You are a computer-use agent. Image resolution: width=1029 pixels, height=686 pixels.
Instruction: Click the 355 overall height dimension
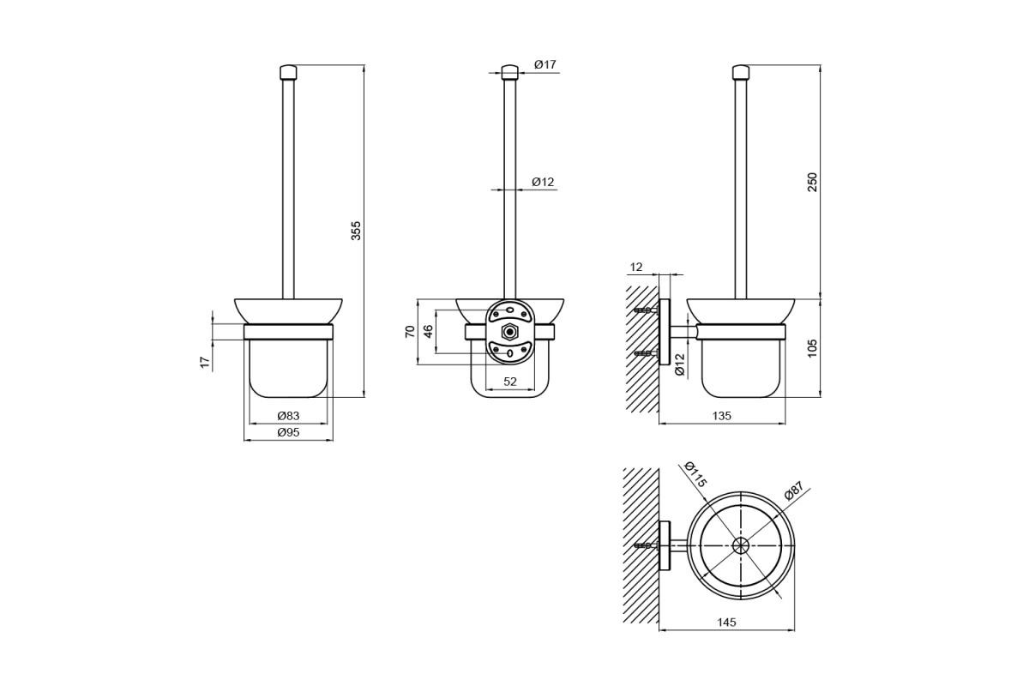pyautogui.click(x=356, y=231)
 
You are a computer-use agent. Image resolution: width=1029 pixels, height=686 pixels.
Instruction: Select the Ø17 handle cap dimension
pyautogui.click(x=545, y=65)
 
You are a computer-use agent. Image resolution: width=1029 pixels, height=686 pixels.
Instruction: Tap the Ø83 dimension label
pyautogui.click(x=288, y=416)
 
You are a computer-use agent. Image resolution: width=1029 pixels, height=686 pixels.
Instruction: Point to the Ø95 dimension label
pyautogui.click(x=288, y=432)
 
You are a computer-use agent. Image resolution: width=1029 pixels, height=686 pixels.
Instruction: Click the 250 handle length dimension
pyautogui.click(x=813, y=182)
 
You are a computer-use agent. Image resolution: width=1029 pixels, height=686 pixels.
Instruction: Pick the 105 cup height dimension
pyautogui.click(x=813, y=348)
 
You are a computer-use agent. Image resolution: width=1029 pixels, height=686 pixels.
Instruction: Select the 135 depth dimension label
pyautogui.click(x=722, y=416)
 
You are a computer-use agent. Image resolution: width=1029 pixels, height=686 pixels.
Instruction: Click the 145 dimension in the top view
pyautogui.click(x=727, y=623)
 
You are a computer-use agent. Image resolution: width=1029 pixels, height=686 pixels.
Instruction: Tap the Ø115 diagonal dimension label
pyautogui.click(x=695, y=474)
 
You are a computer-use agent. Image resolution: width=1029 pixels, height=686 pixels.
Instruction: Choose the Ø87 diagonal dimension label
pyautogui.click(x=794, y=490)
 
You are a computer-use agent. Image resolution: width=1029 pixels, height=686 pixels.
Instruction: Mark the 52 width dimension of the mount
pyautogui.click(x=510, y=382)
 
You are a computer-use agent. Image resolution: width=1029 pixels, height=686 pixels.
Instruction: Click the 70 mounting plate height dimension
pyautogui.click(x=410, y=332)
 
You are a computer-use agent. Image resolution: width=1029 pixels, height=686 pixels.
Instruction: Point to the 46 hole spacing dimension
pyautogui.click(x=428, y=332)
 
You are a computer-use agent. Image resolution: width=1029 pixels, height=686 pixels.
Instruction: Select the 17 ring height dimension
pyautogui.click(x=205, y=363)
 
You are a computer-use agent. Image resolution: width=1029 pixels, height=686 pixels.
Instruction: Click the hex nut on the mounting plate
pyautogui.click(x=508, y=332)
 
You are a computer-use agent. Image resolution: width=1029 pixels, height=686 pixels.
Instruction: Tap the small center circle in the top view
pyautogui.click(x=741, y=546)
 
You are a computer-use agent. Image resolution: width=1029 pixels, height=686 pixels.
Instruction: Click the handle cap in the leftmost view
pyautogui.click(x=288, y=73)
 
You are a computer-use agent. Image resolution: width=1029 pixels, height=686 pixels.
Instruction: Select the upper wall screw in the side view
pyautogui.click(x=646, y=310)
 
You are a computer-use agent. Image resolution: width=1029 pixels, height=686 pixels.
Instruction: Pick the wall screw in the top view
pyautogui.click(x=646, y=546)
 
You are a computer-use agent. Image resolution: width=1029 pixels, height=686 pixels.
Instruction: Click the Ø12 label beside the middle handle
pyautogui.click(x=543, y=183)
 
